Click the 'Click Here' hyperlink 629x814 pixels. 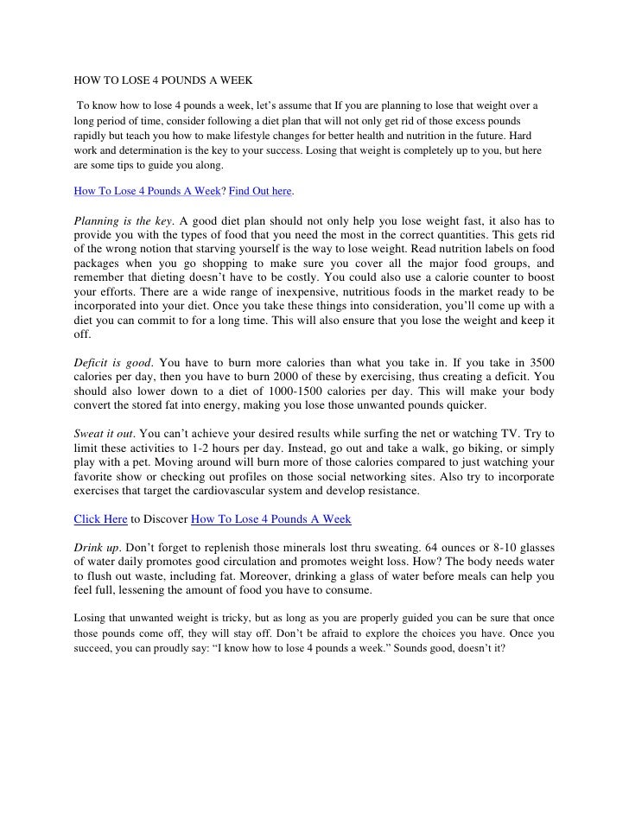tap(99, 519)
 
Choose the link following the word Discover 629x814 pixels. tap(270, 519)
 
